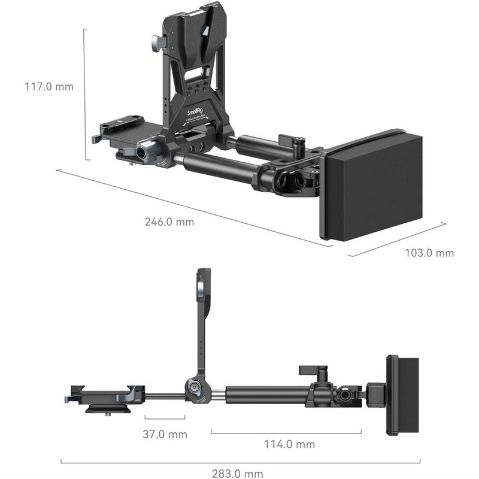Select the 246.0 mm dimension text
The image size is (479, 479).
coord(169,222)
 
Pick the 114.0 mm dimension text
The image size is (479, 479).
coord(290,444)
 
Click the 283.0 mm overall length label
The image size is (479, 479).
coord(238,474)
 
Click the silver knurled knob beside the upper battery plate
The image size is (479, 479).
coord(156,44)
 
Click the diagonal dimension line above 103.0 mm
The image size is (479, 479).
coord(398,239)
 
